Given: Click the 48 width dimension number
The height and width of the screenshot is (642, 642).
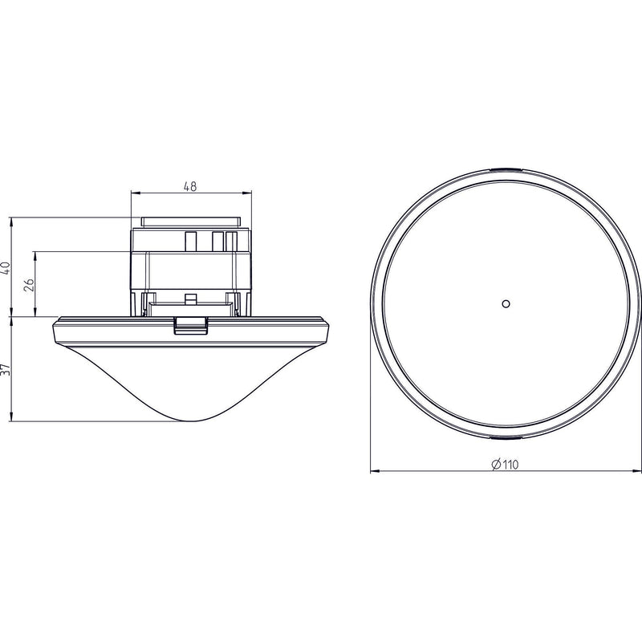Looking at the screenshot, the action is click(x=190, y=187).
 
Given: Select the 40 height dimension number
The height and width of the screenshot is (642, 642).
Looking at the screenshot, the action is click(x=6, y=268).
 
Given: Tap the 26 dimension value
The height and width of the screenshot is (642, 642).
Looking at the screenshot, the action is click(x=29, y=285).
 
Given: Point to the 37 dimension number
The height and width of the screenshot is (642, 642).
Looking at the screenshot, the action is click(x=6, y=369).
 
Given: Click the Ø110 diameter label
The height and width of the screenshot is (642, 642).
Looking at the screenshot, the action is click(x=505, y=465).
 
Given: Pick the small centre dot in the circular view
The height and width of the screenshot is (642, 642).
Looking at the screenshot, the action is click(x=506, y=304).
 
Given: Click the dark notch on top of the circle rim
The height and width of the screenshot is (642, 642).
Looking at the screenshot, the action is click(x=506, y=169).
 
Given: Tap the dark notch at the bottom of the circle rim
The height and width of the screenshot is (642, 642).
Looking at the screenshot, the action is click(x=506, y=438).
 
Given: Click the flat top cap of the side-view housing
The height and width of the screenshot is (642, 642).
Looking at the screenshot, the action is click(x=190, y=222).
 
